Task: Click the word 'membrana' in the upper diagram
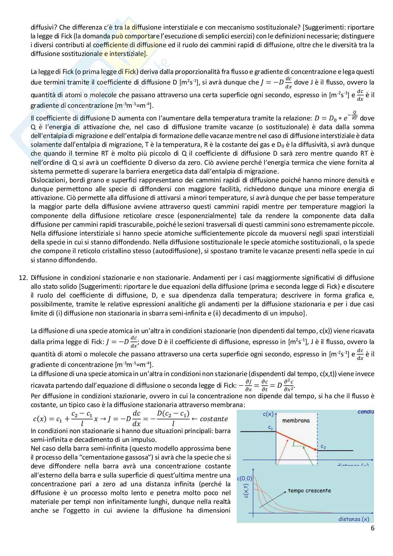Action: tap(296, 420)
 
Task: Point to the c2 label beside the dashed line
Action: tap(323, 446)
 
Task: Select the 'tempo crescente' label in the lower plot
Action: tap(309, 490)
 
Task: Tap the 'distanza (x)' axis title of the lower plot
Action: tap(354, 519)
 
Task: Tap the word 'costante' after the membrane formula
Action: tap(213, 419)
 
